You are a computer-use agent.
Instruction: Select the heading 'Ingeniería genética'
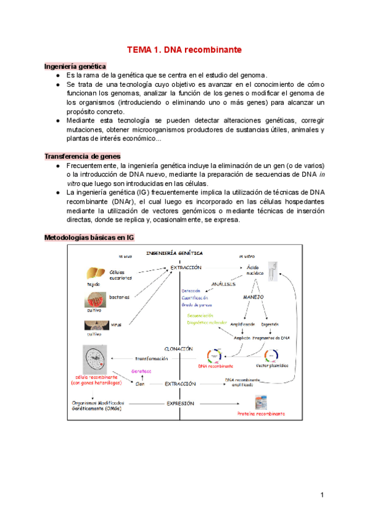(75, 66)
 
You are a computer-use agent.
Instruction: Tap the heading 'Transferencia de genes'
(82, 156)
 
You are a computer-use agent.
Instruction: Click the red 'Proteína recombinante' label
(261, 414)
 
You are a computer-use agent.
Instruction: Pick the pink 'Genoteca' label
(141, 372)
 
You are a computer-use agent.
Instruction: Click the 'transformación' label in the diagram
(152, 358)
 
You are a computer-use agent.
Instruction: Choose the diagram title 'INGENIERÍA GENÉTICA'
(175, 253)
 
